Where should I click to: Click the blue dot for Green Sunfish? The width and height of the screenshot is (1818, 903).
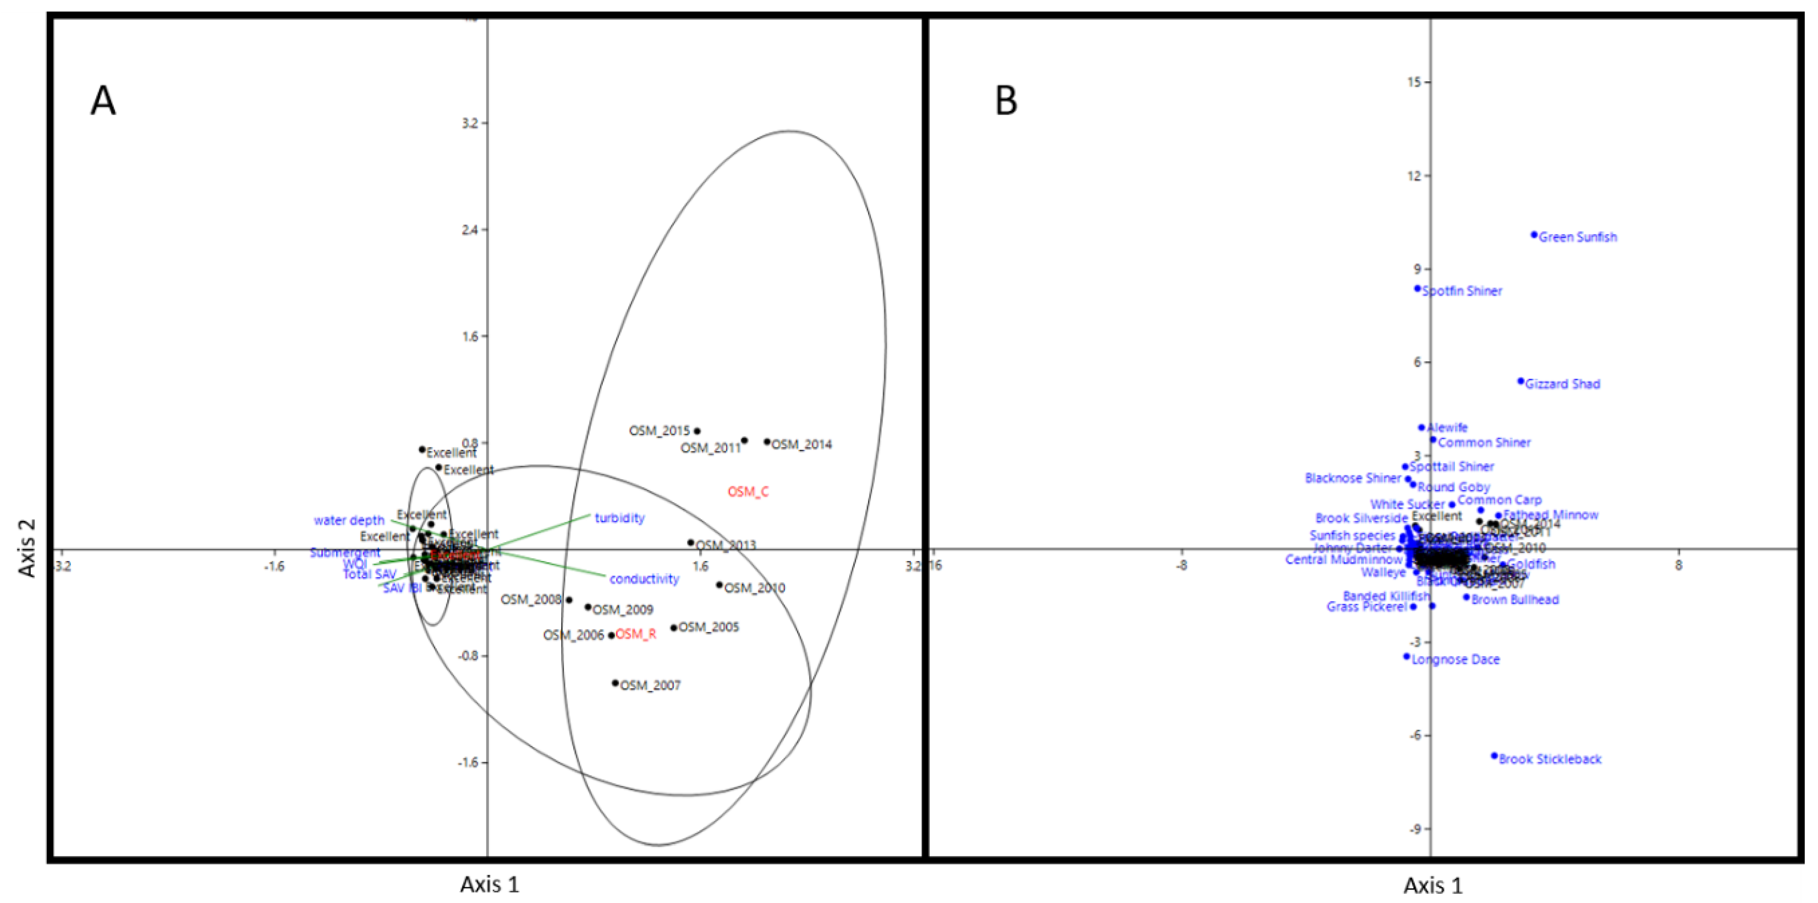(1534, 235)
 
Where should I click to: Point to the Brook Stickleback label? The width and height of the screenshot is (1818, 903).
(1550, 760)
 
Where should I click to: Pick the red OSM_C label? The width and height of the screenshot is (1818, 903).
(748, 492)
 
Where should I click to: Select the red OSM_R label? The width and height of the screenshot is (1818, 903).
(636, 634)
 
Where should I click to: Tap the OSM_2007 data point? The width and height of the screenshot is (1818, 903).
(615, 683)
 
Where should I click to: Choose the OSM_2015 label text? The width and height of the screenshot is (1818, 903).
(659, 431)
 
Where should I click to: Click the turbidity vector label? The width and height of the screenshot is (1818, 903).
(620, 519)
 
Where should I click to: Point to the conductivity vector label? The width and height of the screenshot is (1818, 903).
(644, 579)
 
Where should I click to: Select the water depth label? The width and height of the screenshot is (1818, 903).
(349, 521)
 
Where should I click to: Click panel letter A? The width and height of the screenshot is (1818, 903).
(103, 101)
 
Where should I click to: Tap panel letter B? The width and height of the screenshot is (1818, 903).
(1006, 101)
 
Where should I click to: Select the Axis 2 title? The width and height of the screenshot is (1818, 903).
(27, 548)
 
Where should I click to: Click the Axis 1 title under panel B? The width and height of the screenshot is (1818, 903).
(1433, 885)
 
